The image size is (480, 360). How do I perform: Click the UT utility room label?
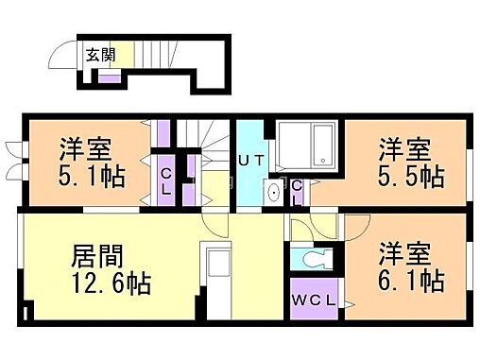pyautogui.click(x=250, y=162)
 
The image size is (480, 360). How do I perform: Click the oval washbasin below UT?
pyautogui.click(x=274, y=193)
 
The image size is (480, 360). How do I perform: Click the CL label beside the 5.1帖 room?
pyautogui.click(x=164, y=179)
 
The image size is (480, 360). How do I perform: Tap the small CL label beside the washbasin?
pyautogui.click(x=297, y=192)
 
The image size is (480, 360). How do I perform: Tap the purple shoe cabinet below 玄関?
pyautogui.click(x=111, y=76)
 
